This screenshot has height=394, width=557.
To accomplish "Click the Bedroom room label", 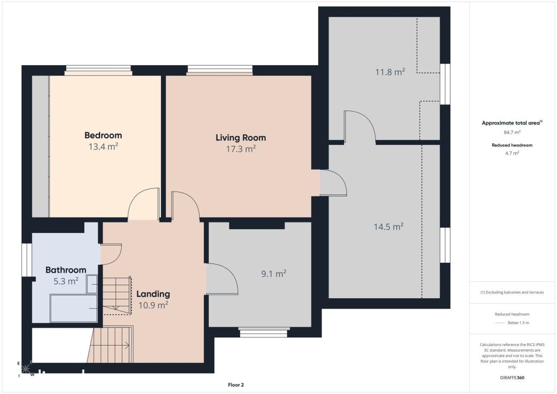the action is click(103, 136).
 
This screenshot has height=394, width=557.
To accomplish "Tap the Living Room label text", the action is click(241, 138).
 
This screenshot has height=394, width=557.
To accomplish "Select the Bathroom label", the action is click(66, 270).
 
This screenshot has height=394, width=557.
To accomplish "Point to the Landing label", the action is click(153, 294).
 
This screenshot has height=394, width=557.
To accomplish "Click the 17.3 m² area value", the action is click(241, 149).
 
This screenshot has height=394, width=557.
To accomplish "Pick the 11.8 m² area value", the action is click(390, 72).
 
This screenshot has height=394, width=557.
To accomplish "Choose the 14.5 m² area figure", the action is click(388, 227).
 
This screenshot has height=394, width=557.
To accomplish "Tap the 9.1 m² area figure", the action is click(274, 274).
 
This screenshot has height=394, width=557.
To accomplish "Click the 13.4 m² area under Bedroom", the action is click(103, 146).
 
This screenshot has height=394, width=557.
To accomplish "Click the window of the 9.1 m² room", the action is click(263, 333).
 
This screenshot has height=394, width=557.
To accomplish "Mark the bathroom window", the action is click(27, 260).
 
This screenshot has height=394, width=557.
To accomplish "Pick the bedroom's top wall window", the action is click(98, 70).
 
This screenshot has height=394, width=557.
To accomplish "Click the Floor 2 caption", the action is click(236, 385).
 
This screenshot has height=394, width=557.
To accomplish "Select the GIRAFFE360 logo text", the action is click(512, 378).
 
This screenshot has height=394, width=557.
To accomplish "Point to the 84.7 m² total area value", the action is click(512, 132).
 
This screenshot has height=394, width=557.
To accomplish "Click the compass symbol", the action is click(25, 369).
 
